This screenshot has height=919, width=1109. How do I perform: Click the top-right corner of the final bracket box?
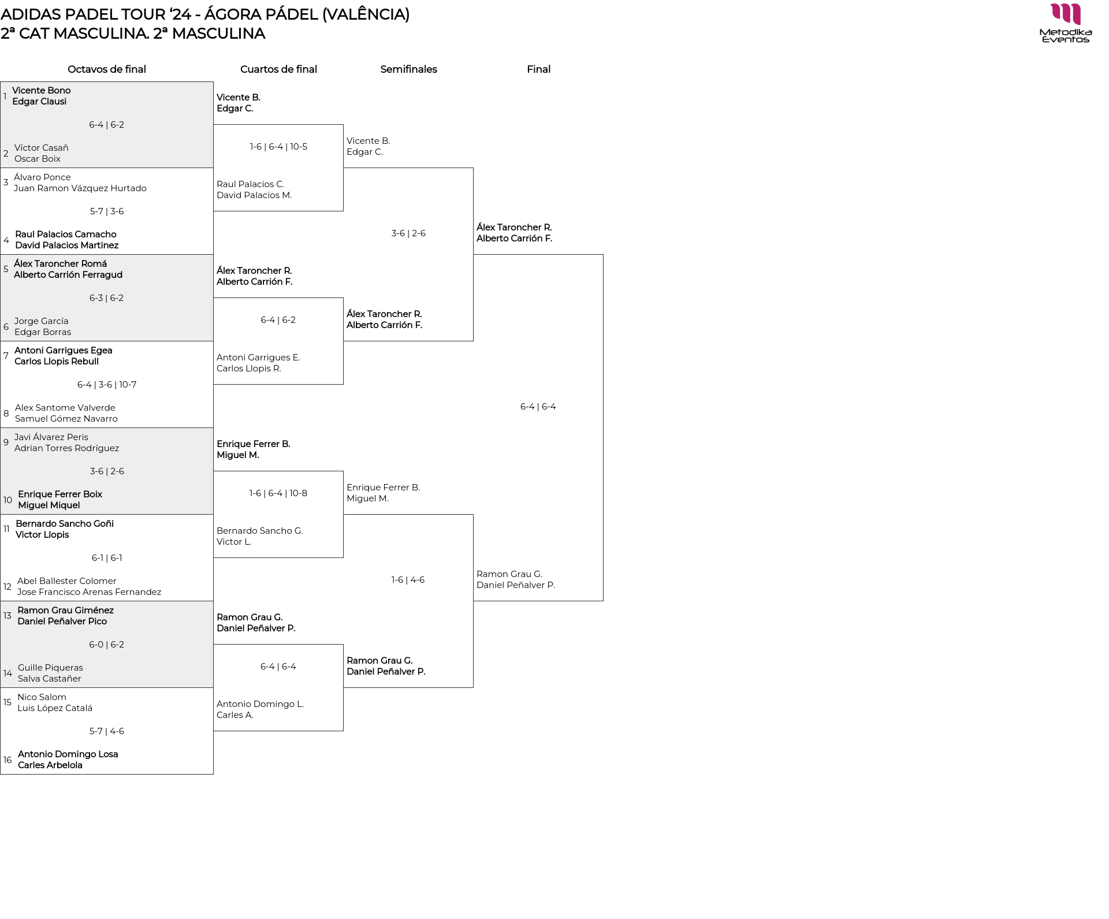click(x=603, y=255)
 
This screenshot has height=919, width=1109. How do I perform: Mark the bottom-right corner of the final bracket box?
click(x=603, y=601)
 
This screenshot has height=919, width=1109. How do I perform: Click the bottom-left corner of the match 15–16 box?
click(x=1, y=774)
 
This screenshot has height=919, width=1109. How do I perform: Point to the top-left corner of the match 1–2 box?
click(x=1, y=81)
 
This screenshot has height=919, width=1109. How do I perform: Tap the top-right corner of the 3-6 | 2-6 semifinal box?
click(x=473, y=168)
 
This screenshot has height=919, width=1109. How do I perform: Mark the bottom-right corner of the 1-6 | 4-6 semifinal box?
click(x=473, y=687)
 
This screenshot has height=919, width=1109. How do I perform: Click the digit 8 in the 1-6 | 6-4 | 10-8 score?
click(x=304, y=493)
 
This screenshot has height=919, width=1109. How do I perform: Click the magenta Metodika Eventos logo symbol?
click(x=1066, y=14)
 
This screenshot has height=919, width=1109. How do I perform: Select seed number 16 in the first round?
click(x=8, y=760)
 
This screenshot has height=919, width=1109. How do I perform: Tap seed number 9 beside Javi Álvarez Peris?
click(x=6, y=442)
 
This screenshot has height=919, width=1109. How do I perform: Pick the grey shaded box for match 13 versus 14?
click(x=107, y=644)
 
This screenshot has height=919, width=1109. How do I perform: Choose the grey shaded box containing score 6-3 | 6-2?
click(x=107, y=297)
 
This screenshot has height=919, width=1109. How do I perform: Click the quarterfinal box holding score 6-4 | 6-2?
click(x=278, y=341)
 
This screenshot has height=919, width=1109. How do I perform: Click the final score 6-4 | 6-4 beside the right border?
click(x=538, y=407)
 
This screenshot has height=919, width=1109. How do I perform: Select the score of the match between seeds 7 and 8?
click(x=107, y=385)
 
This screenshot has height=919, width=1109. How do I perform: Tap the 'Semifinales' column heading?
click(x=408, y=69)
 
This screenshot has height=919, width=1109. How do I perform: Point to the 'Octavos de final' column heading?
click(x=107, y=69)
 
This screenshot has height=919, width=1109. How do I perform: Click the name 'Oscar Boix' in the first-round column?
click(x=38, y=159)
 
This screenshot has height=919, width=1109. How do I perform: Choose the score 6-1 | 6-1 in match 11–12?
click(x=107, y=558)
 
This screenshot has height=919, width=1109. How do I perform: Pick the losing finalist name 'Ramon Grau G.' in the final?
click(x=509, y=574)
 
